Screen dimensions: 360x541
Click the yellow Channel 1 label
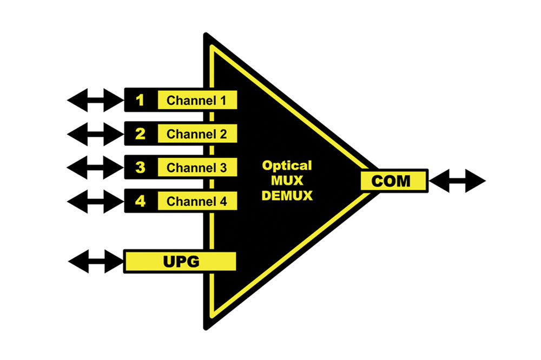(196, 100)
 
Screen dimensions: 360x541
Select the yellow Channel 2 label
(196, 134)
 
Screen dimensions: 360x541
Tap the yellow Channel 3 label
(196, 168)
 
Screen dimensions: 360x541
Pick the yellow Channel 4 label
(196, 202)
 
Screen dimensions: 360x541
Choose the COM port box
(394, 181)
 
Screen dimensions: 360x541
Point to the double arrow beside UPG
(96, 262)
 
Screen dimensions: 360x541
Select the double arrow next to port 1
(96, 100)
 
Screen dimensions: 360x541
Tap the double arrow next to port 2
(96, 134)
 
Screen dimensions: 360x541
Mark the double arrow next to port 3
(96, 168)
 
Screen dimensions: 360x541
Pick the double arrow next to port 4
(96, 202)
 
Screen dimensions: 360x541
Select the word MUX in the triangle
(287, 181)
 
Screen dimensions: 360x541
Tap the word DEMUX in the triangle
(287, 196)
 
